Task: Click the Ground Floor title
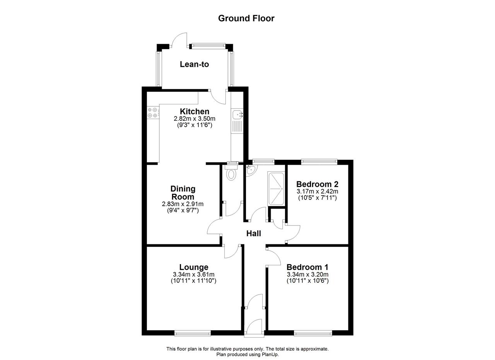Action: click(246, 18)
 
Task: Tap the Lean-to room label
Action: click(194, 64)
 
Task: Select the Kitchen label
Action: click(195, 111)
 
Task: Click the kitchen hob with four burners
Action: click(153, 113)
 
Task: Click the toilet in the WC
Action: click(231, 172)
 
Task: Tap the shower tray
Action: click(276, 189)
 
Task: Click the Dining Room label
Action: click(183, 193)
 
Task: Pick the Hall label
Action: click(254, 234)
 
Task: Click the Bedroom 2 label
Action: click(317, 184)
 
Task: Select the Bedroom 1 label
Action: click(307, 267)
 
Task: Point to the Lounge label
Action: click(194, 267)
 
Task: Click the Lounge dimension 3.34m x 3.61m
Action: click(194, 275)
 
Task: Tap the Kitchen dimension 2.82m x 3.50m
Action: click(195, 119)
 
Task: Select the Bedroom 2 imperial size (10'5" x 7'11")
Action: click(317, 198)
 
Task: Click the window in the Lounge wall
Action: click(193, 333)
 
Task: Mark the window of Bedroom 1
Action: click(313, 333)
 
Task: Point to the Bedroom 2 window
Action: click(319, 162)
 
